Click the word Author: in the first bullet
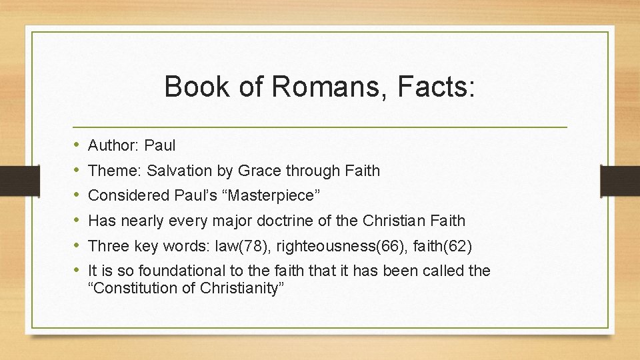coord(113,145)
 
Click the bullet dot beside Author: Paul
coord(77,145)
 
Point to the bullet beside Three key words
coord(77,246)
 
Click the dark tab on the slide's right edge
coord(619,180)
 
